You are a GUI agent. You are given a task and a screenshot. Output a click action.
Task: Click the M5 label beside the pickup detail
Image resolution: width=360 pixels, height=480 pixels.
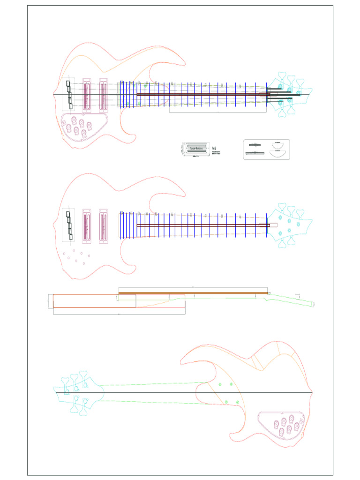pos(215,147)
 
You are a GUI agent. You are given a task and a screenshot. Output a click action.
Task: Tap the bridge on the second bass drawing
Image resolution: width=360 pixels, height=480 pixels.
pos(69,225)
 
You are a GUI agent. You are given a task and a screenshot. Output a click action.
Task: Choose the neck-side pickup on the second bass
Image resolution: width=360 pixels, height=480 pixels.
pos(104,226)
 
